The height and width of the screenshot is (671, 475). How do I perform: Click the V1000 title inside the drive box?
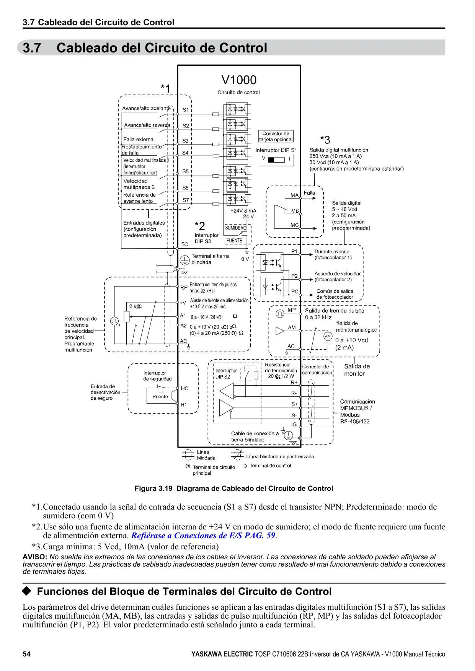[x=239, y=80]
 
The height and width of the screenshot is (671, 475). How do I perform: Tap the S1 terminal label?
[x=185, y=110]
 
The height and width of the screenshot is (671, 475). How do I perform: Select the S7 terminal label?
[x=186, y=200]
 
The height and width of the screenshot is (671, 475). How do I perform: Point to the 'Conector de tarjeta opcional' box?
[x=276, y=137]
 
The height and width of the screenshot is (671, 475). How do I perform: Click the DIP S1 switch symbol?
[x=276, y=159]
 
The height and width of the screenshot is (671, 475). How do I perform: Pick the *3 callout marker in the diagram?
[x=325, y=140]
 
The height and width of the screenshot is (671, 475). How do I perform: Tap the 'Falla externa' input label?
[x=138, y=139]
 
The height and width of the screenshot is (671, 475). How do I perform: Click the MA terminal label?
[x=294, y=195]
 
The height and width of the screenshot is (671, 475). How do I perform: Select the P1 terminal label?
[x=294, y=251]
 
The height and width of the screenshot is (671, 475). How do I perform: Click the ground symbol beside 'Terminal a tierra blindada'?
[x=185, y=261]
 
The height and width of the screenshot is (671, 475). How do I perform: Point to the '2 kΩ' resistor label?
[x=135, y=306]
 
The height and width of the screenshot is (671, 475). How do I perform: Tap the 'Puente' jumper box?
[x=160, y=396]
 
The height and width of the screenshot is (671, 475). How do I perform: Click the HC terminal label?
[x=184, y=388]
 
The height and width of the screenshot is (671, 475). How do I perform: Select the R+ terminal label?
[x=294, y=382]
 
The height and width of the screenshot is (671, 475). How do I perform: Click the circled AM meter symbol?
[x=328, y=336]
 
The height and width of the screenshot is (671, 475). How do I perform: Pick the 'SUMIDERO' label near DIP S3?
[x=235, y=228]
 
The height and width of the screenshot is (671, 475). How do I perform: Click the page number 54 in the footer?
[x=26, y=654]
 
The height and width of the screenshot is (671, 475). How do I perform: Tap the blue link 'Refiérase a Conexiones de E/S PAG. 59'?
[x=203, y=536]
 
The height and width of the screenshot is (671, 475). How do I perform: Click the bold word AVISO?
[x=35, y=557]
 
